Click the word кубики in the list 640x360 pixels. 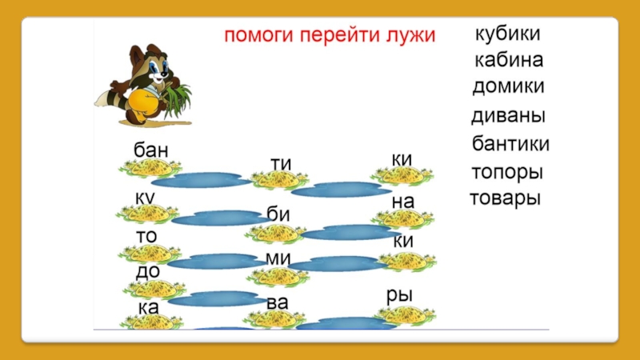coord(508,35)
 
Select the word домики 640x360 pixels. coord(508,86)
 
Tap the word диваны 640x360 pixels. coord(508,116)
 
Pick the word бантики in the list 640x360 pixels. coord(510,144)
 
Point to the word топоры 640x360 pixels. coord(507,173)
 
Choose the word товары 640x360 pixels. coord(505,198)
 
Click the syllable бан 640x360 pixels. coord(151,150)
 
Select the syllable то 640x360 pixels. coord(146,238)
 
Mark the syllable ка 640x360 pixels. coord(146,307)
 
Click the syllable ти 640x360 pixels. coord(281,164)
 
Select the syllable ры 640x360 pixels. coord(399,294)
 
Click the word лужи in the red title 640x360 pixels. coord(410,36)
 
